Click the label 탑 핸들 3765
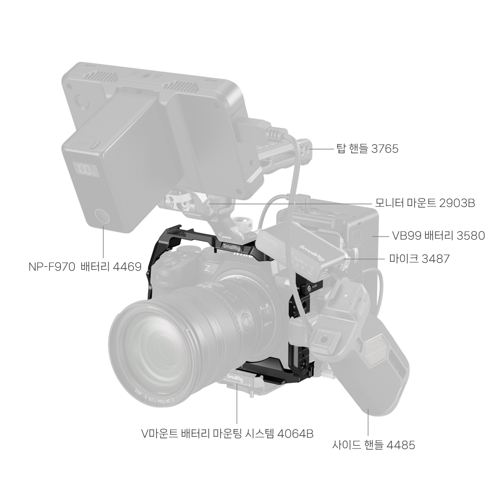point(368,148)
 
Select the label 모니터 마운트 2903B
point(425,203)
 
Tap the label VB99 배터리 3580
point(438,235)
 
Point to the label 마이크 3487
point(419,259)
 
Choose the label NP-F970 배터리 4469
point(85,267)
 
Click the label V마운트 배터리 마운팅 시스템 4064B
point(227,434)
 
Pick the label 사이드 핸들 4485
point(373,445)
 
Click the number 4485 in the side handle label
point(401,445)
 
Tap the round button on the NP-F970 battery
point(102,217)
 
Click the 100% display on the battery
point(85,169)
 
